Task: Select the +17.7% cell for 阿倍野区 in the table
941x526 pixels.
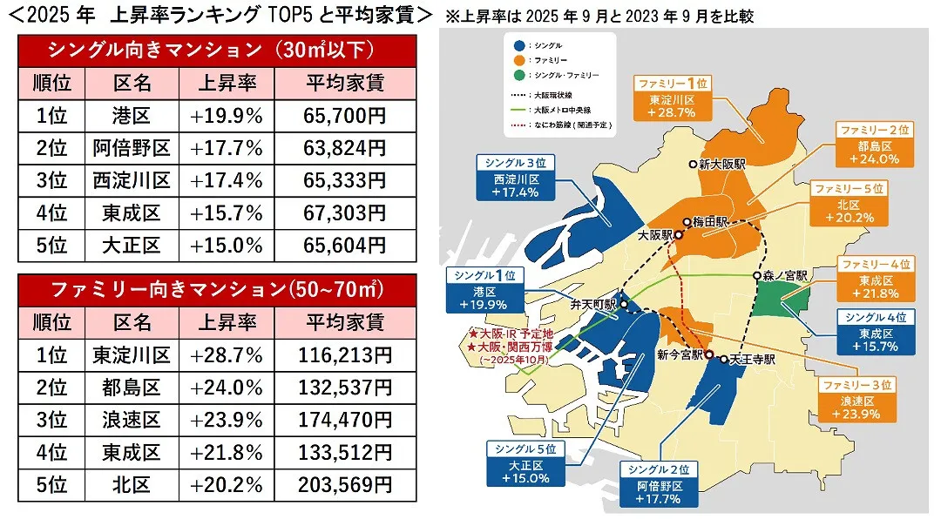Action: [227, 148]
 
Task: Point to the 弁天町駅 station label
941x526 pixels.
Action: [593, 306]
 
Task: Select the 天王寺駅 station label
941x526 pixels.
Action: [748, 358]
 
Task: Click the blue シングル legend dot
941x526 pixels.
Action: [519, 44]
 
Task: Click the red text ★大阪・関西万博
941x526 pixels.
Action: [506, 347]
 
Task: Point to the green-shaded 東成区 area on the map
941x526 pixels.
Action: [781, 301]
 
